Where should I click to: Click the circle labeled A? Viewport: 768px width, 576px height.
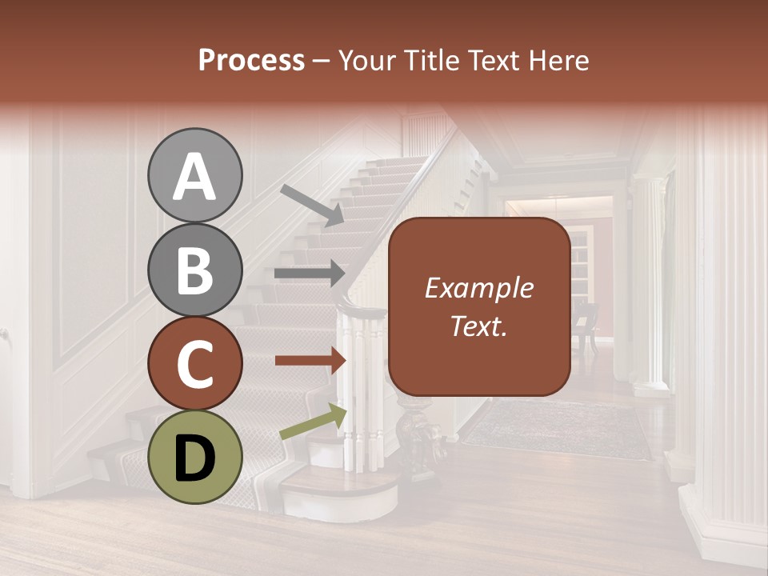click(194, 175)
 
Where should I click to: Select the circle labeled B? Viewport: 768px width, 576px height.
click(194, 270)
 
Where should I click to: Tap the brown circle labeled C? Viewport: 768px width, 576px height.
click(194, 363)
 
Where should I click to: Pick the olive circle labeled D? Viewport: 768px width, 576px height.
click(194, 457)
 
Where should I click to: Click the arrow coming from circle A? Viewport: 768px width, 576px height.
click(312, 205)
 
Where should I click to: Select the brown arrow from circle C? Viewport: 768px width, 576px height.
click(310, 361)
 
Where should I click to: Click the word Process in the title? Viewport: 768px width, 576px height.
click(251, 61)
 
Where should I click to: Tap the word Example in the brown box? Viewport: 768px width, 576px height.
click(478, 289)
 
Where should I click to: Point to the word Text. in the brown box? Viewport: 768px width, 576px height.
click(478, 326)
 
